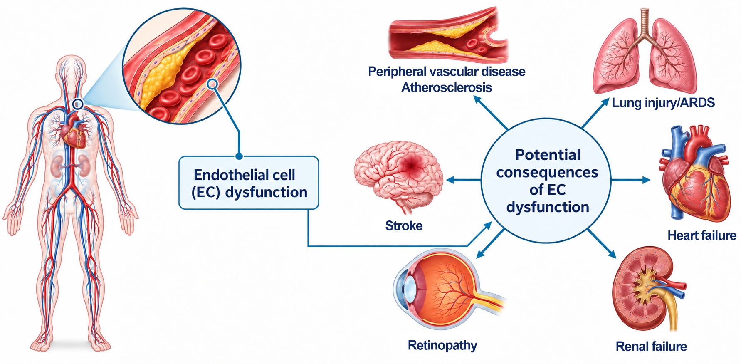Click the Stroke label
(x=404, y=226)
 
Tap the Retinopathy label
(x=442, y=345)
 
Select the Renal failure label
(x=651, y=346)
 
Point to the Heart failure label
(x=702, y=235)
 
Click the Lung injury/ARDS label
(x=663, y=103)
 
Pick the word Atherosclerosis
(x=447, y=87)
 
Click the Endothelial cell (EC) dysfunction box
(x=249, y=183)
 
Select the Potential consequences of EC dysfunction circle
(x=546, y=181)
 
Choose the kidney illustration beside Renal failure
(x=649, y=288)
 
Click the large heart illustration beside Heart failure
(x=694, y=173)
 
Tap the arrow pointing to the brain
(x=464, y=180)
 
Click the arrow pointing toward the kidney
(x=602, y=243)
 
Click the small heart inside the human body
(x=74, y=132)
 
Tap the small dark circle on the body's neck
(x=78, y=104)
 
